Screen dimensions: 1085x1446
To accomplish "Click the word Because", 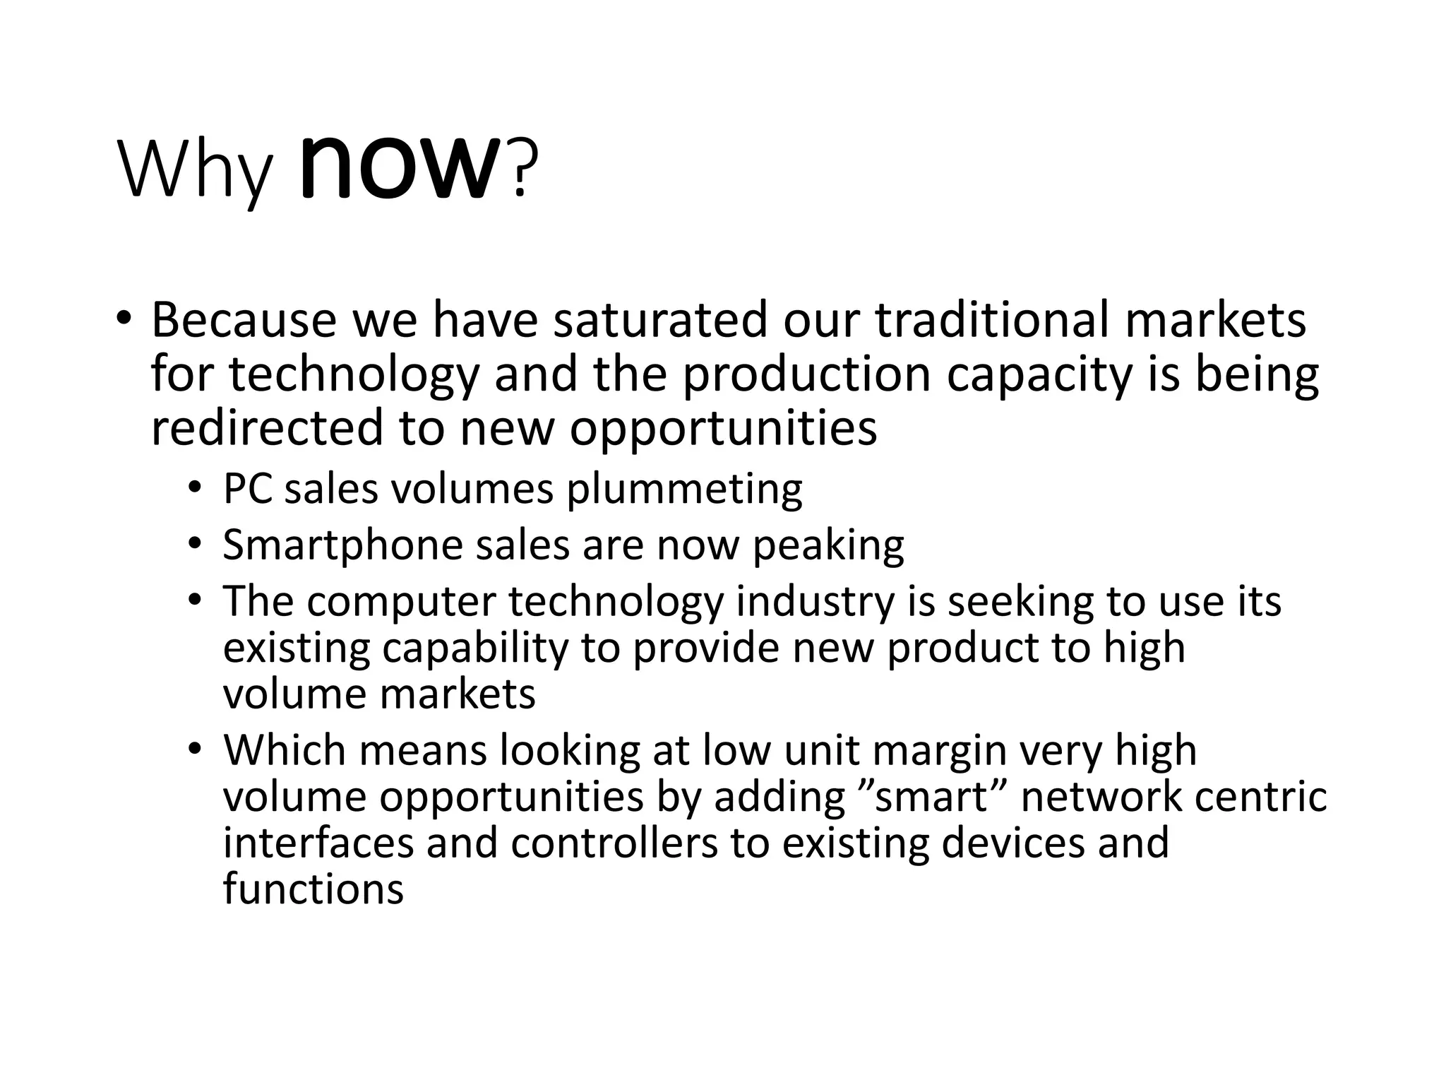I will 244,319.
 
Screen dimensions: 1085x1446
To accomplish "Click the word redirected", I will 268,428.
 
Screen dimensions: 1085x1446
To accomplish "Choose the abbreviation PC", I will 248,488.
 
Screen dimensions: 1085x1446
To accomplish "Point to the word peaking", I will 828,545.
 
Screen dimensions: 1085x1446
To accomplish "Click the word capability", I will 475,648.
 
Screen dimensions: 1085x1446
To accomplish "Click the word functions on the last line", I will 313,889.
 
